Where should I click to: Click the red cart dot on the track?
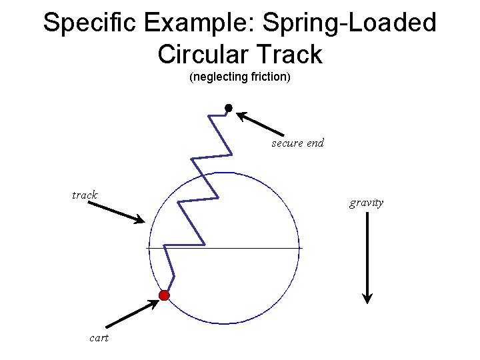164,295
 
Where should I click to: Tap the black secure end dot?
228,108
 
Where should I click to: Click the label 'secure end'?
297,143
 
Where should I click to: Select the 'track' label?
85,195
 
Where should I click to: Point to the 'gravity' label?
366,203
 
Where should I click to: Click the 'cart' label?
99,338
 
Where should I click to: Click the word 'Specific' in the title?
89,23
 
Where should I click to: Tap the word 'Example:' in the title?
199,23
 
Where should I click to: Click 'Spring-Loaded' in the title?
349,23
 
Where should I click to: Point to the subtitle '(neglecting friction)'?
240,77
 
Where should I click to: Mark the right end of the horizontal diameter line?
301,248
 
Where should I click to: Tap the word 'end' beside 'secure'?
315,143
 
